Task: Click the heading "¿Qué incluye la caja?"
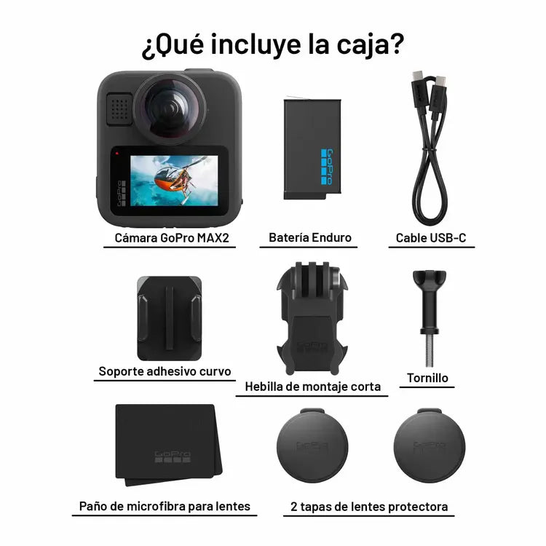pyautogui.click(x=272, y=44)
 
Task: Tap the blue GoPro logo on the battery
pyautogui.click(x=327, y=167)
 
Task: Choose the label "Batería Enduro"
pyautogui.click(x=309, y=238)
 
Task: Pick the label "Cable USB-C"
pyautogui.click(x=431, y=238)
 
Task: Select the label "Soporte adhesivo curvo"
pyautogui.click(x=165, y=371)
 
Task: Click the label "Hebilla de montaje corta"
pyautogui.click(x=312, y=387)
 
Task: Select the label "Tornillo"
pyautogui.click(x=428, y=378)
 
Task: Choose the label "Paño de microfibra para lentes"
pyautogui.click(x=165, y=506)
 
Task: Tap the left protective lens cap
pyautogui.click(x=312, y=446)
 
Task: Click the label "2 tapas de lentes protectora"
pyautogui.click(x=368, y=506)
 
